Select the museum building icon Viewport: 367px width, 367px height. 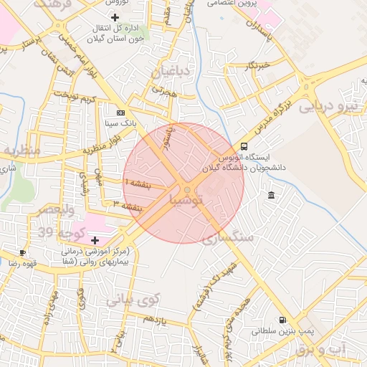click(271, 195)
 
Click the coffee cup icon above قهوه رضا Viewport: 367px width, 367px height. click(22, 252)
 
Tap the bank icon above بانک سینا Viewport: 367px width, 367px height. click(120, 113)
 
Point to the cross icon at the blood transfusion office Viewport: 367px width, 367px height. click(115, 16)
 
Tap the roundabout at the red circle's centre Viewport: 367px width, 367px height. click(186, 190)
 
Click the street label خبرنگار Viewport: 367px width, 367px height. click(255, 66)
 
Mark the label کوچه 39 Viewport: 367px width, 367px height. click(62, 233)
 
